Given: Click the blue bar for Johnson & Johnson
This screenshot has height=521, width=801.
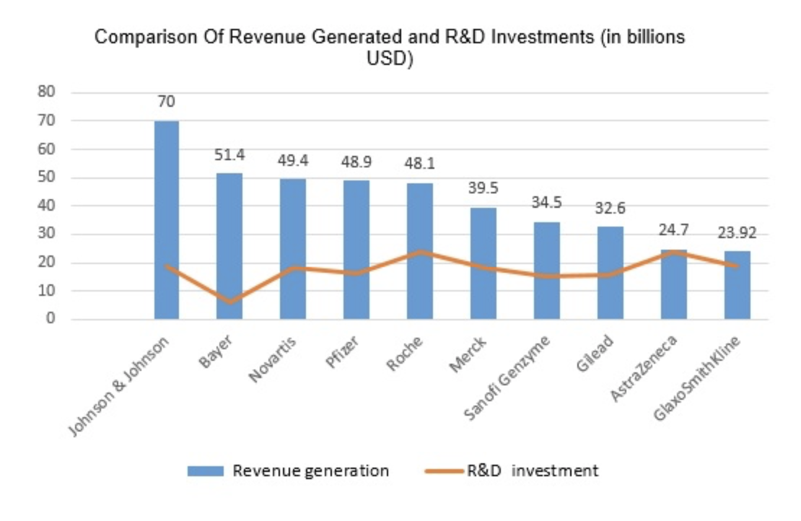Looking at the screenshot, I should [166, 216].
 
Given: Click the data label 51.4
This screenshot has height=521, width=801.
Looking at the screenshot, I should [229, 155].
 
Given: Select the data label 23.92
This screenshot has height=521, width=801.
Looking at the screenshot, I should [737, 233].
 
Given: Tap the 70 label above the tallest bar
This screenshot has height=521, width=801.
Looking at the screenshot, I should [166, 102].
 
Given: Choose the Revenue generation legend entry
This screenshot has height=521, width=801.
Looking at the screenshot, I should [310, 471].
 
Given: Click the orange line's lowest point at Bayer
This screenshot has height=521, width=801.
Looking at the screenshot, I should [229, 302].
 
